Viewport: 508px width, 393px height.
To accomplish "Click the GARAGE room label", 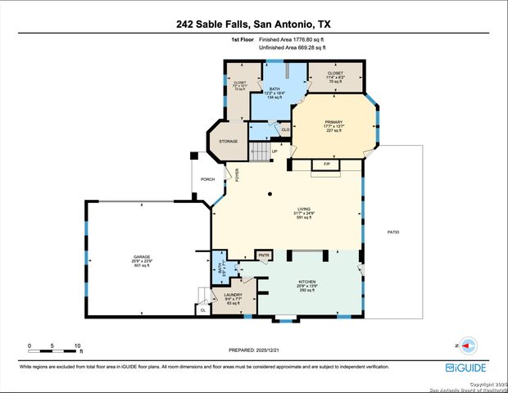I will point(142,257).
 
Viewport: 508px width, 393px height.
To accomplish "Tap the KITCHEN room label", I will point(306,281).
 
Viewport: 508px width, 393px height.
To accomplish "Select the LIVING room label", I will point(281,210).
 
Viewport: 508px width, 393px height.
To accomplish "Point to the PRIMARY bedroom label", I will point(333,122).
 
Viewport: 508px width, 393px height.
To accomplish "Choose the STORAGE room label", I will point(228,142).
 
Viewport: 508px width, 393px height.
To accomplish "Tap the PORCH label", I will point(208,179).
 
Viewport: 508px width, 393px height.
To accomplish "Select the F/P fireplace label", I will point(326,165).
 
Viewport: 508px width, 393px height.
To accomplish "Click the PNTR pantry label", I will point(264,256).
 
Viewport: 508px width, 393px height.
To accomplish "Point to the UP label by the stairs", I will point(274,151).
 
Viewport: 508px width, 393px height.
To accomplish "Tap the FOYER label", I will point(238,174).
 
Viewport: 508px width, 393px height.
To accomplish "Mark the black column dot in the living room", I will point(270,194).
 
